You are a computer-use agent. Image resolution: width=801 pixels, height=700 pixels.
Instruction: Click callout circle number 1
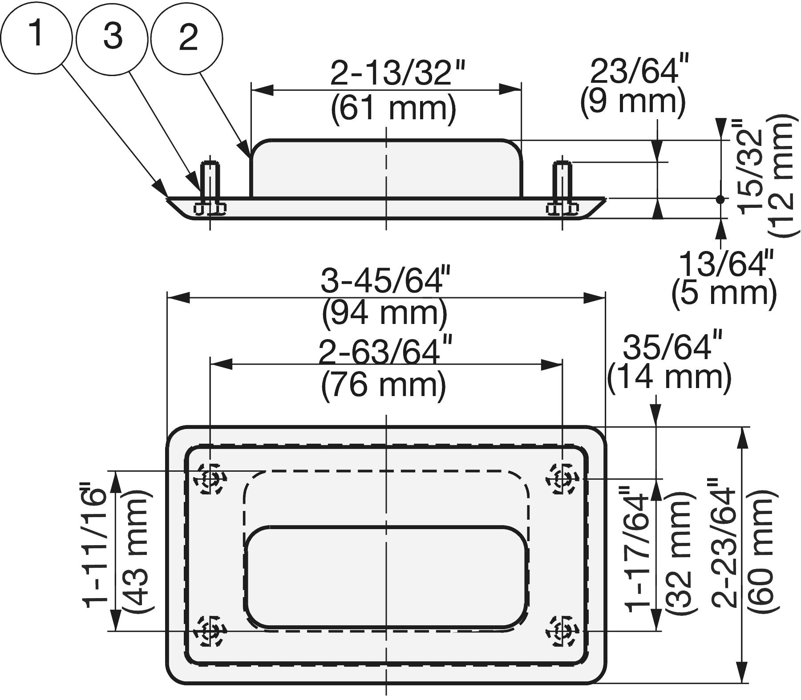pyautogui.click(x=36, y=35)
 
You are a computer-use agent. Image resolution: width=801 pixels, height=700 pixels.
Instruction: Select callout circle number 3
pyautogui.click(x=112, y=37)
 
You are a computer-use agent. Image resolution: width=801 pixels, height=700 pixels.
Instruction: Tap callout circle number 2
pyautogui.click(x=187, y=37)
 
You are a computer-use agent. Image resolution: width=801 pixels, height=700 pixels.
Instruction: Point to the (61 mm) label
pyautogui.click(x=393, y=108)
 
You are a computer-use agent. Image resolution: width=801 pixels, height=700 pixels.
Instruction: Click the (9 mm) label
pyautogui.click(x=632, y=101)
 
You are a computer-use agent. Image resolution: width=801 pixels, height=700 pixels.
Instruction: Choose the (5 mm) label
pyautogui.click(x=724, y=293)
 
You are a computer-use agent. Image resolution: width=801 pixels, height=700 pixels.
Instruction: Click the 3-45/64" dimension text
pyautogui.click(x=385, y=281)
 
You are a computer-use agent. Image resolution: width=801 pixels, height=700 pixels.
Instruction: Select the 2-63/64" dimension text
pyautogui.click(x=385, y=352)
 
